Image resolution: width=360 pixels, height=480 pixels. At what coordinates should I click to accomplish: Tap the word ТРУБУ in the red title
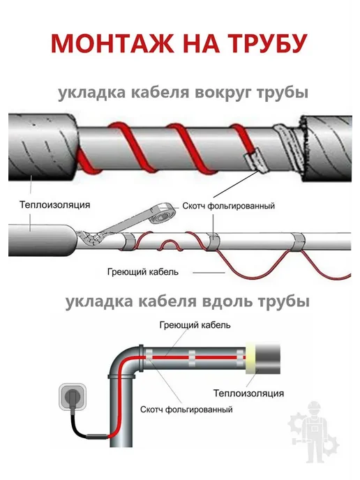(267, 44)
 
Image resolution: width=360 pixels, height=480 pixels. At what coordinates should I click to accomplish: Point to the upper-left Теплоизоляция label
(55, 204)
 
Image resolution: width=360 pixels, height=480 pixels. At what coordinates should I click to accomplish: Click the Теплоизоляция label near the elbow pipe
(248, 393)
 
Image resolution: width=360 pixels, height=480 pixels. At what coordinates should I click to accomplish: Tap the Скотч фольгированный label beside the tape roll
(228, 206)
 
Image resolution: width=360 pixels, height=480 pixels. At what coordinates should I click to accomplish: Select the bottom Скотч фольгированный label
(186, 410)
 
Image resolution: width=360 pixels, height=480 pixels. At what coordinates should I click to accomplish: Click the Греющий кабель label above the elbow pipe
(195, 325)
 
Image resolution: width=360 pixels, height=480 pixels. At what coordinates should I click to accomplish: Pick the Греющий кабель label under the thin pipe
(142, 272)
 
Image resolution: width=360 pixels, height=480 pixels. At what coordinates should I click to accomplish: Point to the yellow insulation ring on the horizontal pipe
(250, 359)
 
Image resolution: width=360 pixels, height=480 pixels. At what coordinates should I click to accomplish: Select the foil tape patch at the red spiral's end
(255, 160)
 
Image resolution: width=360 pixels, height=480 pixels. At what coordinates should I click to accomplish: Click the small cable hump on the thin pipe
(170, 245)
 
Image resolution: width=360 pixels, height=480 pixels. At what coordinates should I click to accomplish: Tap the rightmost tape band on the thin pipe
(297, 242)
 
